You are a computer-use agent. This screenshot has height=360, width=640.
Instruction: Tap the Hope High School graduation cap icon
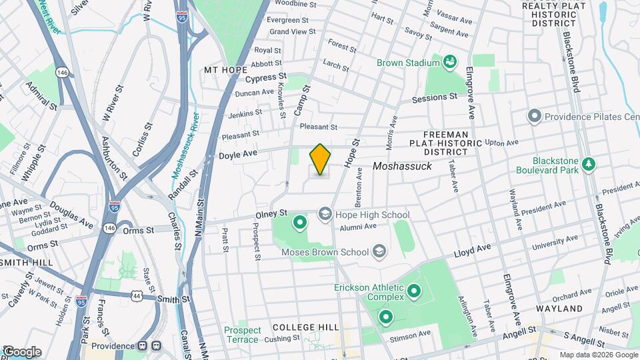click(x=325, y=214)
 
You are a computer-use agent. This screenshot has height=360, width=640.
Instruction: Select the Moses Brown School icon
click(x=379, y=251)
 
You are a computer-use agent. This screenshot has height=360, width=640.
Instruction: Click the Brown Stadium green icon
click(x=450, y=63)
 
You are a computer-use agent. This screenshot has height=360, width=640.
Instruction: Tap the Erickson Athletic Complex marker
click(x=413, y=291)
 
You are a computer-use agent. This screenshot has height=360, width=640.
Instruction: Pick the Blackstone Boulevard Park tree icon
click(x=587, y=163)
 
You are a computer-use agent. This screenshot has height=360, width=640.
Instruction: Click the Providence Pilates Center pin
click(x=533, y=117)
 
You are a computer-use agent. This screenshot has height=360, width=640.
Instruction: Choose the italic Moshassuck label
click(x=402, y=166)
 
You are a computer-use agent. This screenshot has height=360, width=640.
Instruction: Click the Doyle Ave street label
click(x=238, y=155)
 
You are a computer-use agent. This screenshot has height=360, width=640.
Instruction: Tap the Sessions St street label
click(x=434, y=97)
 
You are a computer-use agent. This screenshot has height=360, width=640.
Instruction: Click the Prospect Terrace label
click(x=241, y=335)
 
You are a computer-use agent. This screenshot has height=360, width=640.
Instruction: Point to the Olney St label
click(x=271, y=213)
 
